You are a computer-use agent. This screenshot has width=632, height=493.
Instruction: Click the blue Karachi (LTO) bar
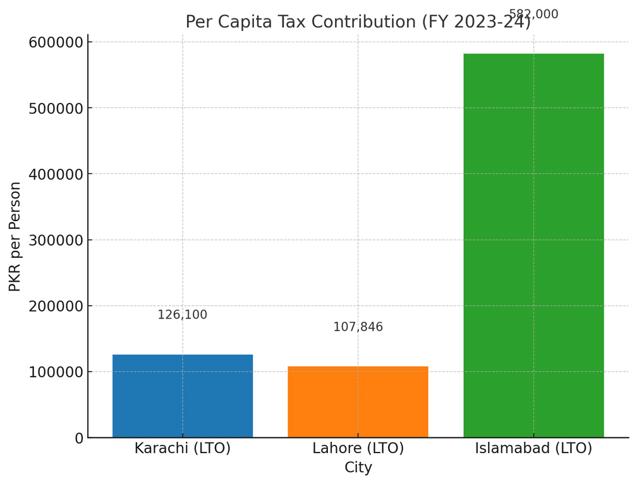(x=183, y=396)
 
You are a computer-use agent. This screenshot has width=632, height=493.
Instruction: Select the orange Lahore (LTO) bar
(x=358, y=402)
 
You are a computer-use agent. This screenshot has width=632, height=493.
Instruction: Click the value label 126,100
(x=182, y=315)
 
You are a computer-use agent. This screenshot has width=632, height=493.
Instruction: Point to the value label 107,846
(x=358, y=327)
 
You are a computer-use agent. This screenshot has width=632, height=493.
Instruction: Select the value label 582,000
(x=533, y=15)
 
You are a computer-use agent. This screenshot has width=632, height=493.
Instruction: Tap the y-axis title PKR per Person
(x=15, y=236)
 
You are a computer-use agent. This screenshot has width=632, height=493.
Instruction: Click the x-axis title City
(x=358, y=468)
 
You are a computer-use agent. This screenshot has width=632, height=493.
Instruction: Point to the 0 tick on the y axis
(x=79, y=438)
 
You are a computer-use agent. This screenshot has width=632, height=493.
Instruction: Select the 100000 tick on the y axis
(x=56, y=372)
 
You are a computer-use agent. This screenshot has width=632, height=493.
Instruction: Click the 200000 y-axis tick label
(x=56, y=306)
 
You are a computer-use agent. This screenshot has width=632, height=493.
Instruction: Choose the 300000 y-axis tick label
(x=56, y=240)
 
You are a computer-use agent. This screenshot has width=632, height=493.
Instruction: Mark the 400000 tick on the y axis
(x=56, y=174)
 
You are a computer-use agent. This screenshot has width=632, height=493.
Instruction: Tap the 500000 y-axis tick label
(x=56, y=108)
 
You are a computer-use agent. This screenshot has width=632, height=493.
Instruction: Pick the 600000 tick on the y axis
(x=56, y=42)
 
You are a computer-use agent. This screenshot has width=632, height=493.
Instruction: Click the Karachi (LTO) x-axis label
(x=183, y=449)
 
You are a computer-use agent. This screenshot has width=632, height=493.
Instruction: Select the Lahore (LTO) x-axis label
(x=358, y=449)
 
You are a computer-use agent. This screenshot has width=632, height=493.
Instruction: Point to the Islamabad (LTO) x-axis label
(x=533, y=449)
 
